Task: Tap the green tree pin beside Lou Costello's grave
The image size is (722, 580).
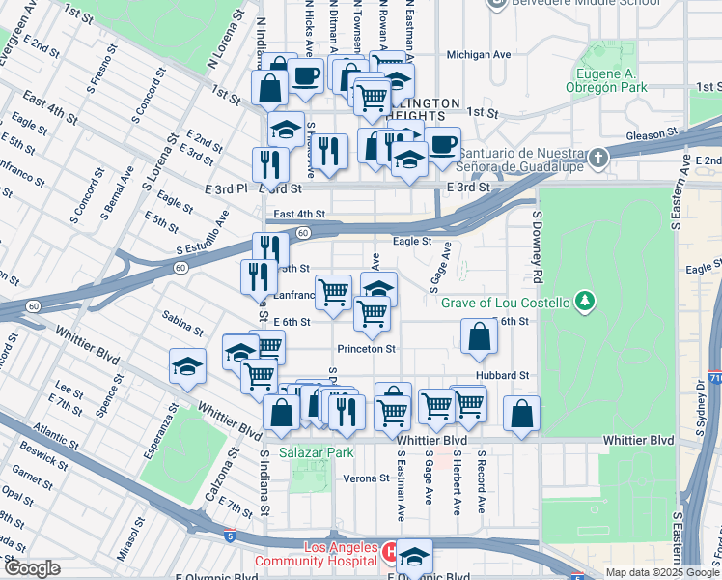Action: click(583, 302)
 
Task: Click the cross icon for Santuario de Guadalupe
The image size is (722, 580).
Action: click(598, 156)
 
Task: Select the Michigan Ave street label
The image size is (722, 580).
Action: click(479, 55)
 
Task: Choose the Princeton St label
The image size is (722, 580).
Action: click(366, 348)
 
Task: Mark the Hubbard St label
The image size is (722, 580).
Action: click(502, 375)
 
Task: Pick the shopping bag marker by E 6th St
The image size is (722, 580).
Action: click(479, 337)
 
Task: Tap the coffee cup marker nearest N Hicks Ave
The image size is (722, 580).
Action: click(306, 75)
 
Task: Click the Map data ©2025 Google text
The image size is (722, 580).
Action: click(662, 572)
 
